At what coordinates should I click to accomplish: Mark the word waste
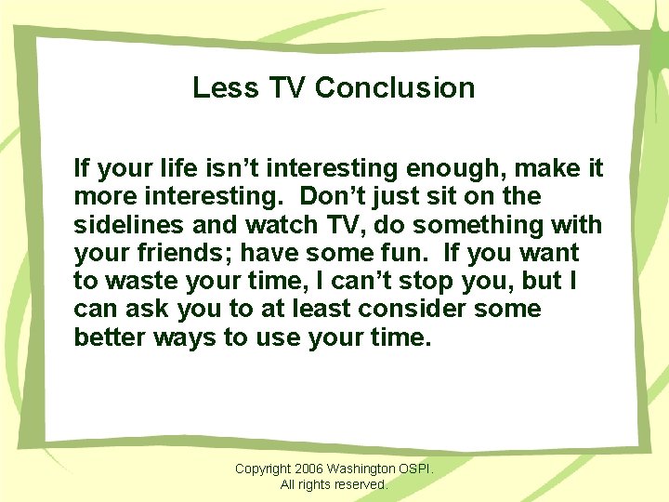145,281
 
